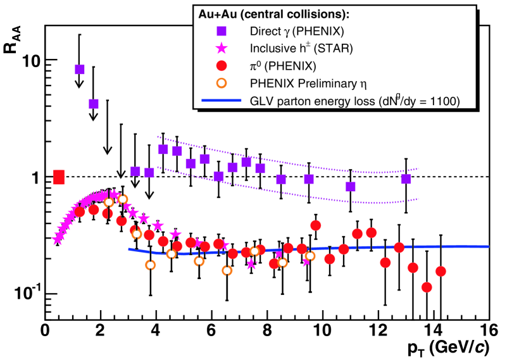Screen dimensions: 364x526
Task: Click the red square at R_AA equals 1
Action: click(59, 177)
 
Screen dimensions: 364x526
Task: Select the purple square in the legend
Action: click(221, 29)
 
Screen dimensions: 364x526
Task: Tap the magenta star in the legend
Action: click(221, 47)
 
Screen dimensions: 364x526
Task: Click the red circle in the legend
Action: click(221, 65)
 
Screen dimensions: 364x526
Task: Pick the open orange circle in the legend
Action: click(221, 82)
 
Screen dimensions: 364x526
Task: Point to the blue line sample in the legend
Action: click(221, 100)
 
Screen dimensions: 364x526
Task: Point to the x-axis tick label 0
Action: click(45, 330)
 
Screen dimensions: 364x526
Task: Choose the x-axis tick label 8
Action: click(266, 330)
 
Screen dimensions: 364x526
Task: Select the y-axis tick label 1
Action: click(36, 177)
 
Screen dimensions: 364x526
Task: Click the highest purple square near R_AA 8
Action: click(79, 69)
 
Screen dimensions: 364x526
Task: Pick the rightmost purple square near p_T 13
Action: click(406, 179)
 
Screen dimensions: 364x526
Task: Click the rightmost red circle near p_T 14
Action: click(441, 272)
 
